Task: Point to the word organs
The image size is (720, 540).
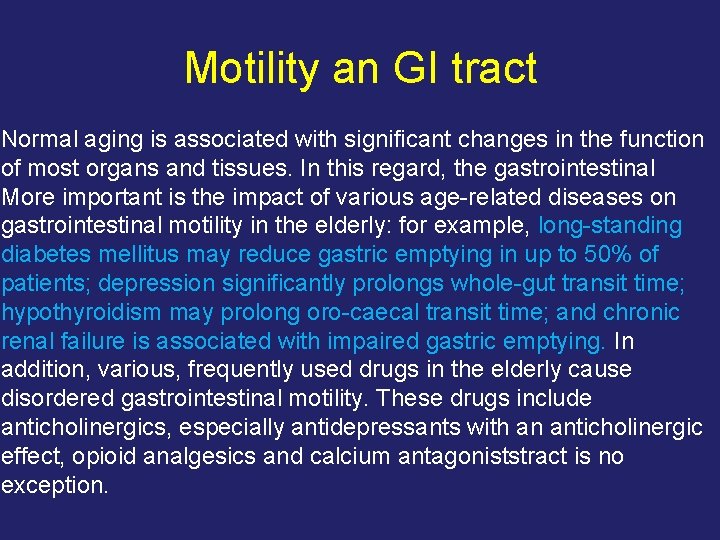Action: [123, 168]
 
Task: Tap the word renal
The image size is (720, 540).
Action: [26, 342]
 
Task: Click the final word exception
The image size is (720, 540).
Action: [54, 486]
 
